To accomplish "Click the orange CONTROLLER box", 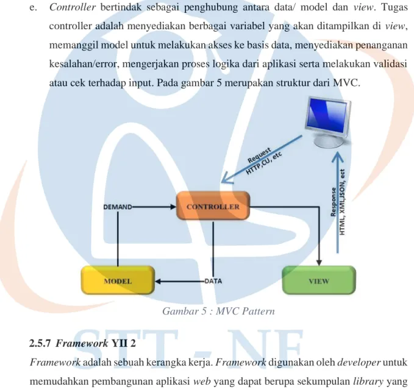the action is (x=213, y=206).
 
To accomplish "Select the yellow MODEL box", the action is (x=118, y=280).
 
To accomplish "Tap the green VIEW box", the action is (x=319, y=280).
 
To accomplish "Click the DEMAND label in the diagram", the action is (x=118, y=207).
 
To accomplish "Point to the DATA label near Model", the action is (x=213, y=281).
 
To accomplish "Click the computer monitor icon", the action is (x=329, y=122).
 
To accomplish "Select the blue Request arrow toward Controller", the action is (x=262, y=159).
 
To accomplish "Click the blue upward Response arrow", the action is (x=337, y=203).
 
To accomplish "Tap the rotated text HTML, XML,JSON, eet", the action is (x=342, y=202).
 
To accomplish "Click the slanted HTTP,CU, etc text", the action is (x=264, y=163).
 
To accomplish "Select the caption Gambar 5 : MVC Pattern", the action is (x=218, y=312).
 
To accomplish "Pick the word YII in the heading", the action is (x=120, y=343).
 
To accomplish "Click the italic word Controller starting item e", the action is (x=73, y=7).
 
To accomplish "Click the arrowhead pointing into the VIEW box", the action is (x=319, y=263).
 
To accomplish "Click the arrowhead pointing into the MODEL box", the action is (x=158, y=282).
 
